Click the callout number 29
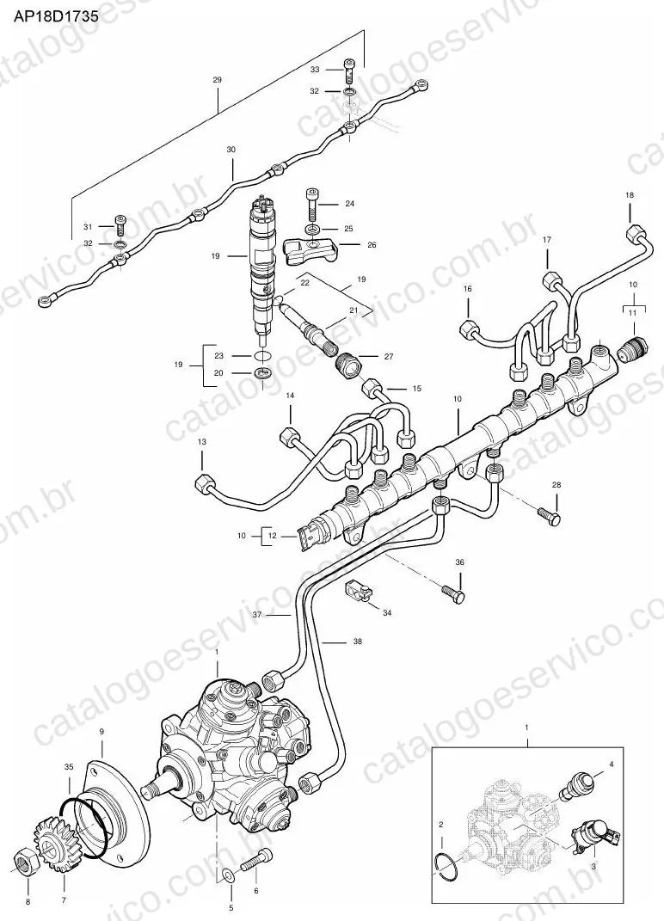(217, 79)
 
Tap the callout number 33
(315, 70)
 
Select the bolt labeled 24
(311, 203)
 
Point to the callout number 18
(630, 194)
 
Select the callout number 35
(70, 766)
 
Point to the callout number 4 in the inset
(612, 764)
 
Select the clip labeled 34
(358, 590)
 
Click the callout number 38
(357, 642)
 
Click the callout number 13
(202, 441)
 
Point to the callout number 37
(257, 615)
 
